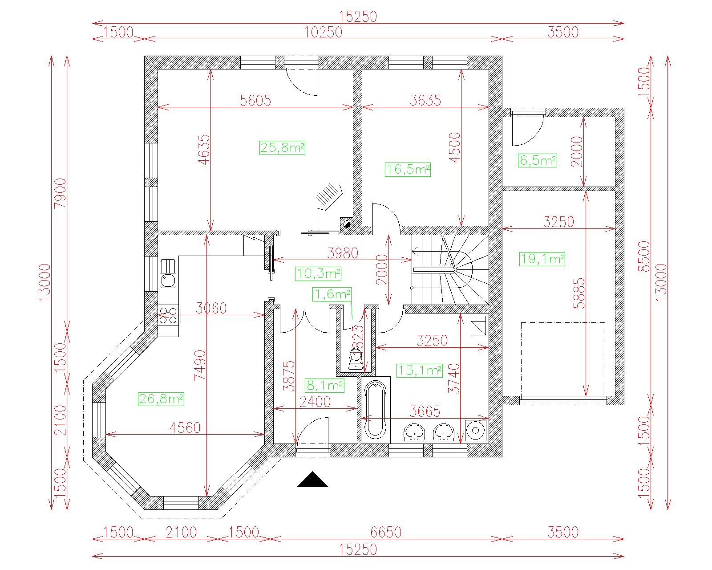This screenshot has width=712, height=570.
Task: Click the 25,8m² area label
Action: point(282,148)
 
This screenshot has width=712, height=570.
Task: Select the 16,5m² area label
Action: point(408,170)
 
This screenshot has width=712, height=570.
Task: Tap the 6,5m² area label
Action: point(537,160)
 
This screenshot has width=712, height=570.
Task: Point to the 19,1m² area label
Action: point(542,259)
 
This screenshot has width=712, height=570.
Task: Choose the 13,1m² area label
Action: point(420,370)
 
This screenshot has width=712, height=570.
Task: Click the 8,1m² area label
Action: point(324,386)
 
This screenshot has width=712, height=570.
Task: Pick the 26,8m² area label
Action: point(161,399)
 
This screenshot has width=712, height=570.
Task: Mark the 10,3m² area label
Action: point(318,273)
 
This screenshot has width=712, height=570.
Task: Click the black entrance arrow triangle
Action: point(312,480)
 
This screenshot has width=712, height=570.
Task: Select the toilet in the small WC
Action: point(356,360)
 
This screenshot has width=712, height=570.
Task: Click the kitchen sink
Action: point(168,273)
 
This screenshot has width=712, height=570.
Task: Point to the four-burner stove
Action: point(168,315)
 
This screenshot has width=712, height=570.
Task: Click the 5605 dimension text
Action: point(255,100)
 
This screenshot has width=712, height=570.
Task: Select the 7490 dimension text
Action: point(200,365)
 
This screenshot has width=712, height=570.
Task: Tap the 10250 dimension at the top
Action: point(323,33)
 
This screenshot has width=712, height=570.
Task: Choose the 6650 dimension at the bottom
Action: point(386,532)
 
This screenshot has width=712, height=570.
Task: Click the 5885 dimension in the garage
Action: point(579,293)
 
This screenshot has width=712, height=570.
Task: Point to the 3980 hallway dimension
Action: point(343,253)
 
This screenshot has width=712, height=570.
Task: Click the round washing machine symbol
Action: point(475,430)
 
